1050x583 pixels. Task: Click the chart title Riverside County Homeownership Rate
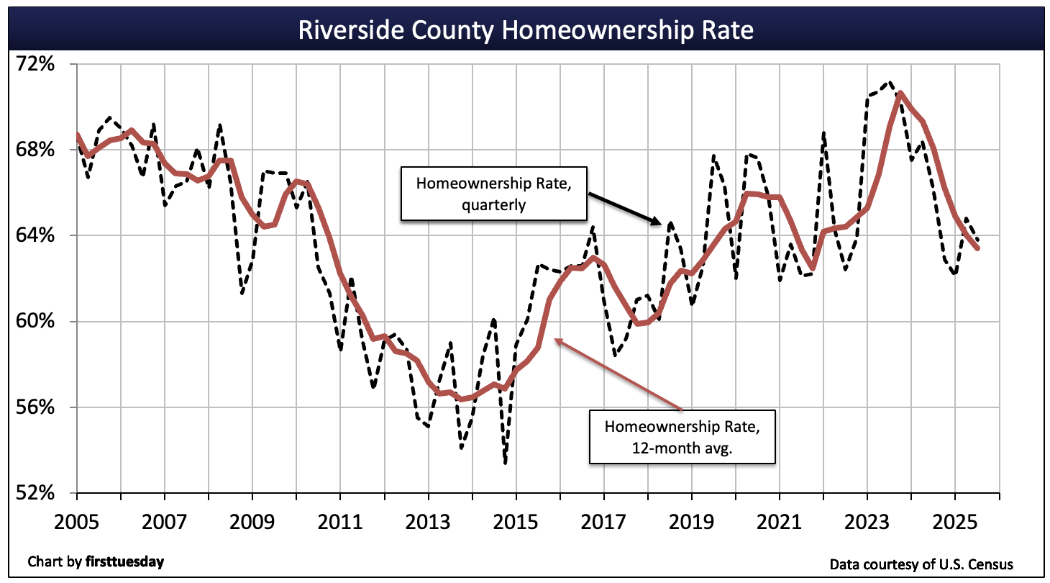524,30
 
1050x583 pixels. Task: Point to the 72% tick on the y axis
36,64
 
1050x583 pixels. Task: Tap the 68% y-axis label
36,150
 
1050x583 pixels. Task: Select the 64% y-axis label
36,235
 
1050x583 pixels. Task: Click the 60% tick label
36,321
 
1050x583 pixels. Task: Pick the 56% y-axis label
36,407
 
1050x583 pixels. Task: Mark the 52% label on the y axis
36,493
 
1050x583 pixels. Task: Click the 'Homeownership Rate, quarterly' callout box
493,194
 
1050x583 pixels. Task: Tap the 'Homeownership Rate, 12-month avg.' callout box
681,437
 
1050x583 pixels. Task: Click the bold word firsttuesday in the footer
124,561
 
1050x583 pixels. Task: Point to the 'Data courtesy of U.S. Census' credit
926,564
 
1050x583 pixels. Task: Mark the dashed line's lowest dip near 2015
506,463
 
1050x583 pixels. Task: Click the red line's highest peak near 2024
900,93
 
